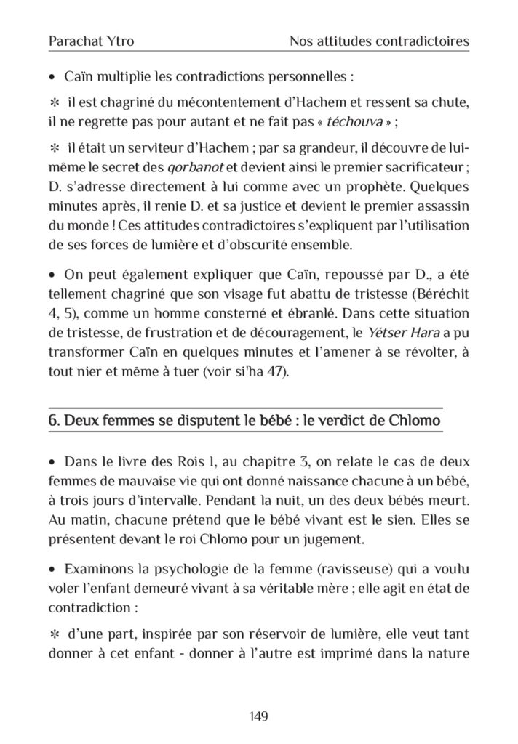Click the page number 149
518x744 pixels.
(x=259, y=716)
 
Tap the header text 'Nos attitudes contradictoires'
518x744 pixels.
(x=378, y=42)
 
